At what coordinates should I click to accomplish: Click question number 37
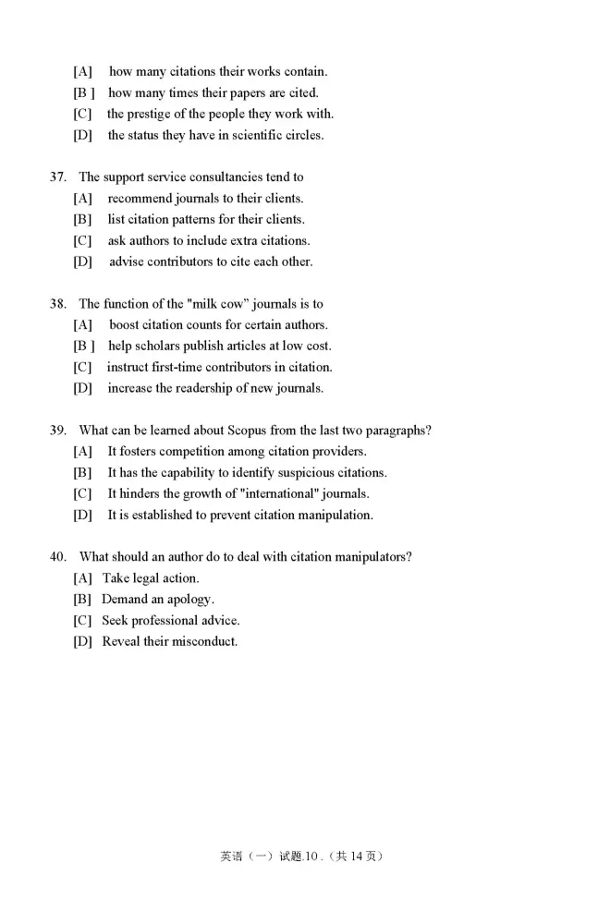tap(57, 176)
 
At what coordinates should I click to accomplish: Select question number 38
tap(57, 303)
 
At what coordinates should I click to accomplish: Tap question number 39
tap(57, 430)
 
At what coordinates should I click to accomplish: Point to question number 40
tap(57, 556)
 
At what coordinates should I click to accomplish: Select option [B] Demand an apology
tap(158, 599)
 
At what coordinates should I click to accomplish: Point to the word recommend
tap(140, 198)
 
